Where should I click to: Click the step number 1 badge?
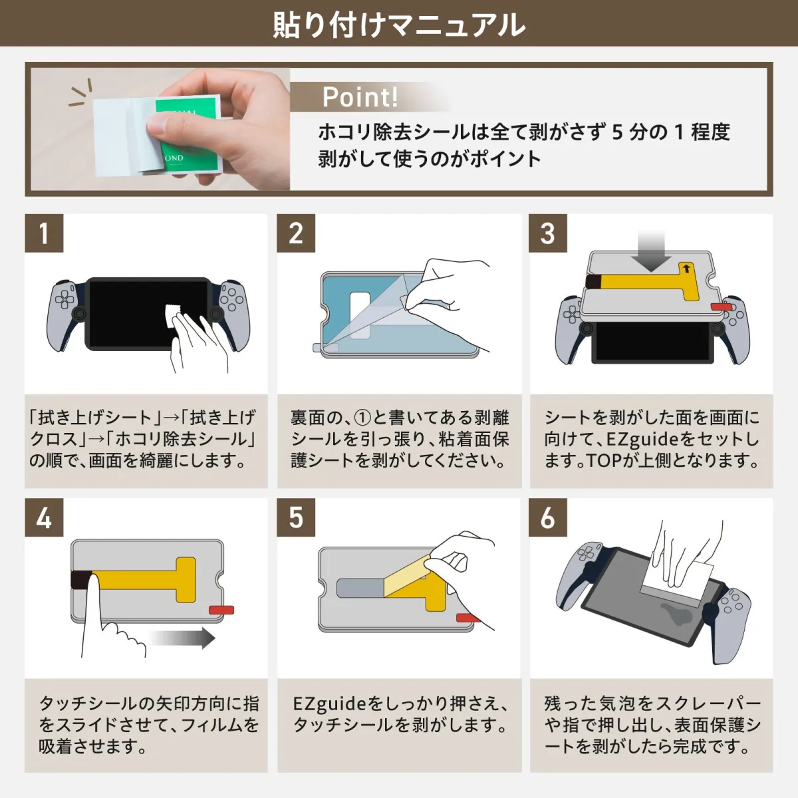click(x=44, y=233)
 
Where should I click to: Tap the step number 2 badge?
click(x=296, y=233)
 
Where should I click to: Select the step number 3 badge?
click(x=548, y=233)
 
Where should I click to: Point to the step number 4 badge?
click(x=44, y=518)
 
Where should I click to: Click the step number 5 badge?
click(x=296, y=518)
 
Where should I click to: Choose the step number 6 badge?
click(x=548, y=518)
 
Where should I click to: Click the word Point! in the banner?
click(x=360, y=98)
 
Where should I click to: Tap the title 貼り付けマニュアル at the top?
click(x=399, y=25)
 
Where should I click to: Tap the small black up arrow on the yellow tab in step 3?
click(x=686, y=269)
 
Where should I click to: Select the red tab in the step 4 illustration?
click(x=221, y=610)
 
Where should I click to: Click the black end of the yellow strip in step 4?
click(x=80, y=579)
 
